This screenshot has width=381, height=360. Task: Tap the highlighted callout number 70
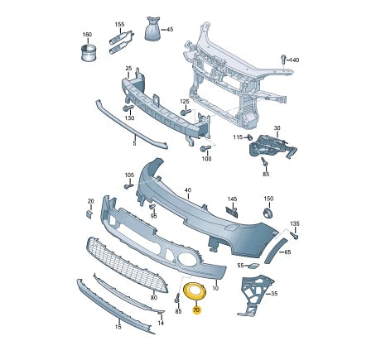[196, 310]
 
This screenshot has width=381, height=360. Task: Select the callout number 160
[87, 35]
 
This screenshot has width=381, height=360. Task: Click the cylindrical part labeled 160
[89, 53]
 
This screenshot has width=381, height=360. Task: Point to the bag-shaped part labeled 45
[152, 29]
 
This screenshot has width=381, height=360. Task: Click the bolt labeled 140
[283, 60]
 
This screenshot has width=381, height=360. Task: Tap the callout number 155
[119, 24]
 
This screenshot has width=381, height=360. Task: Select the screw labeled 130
[128, 108]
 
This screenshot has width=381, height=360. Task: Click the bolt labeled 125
[186, 113]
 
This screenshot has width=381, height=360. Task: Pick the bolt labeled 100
[205, 148]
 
